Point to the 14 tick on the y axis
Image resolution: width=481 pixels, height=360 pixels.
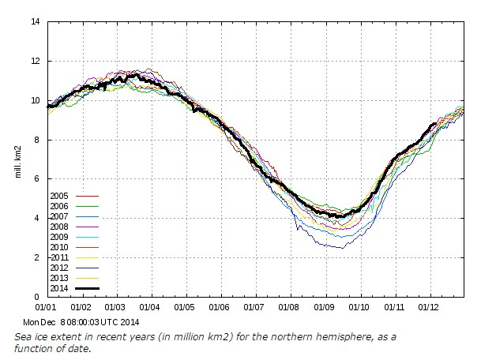36,21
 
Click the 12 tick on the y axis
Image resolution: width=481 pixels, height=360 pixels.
36,61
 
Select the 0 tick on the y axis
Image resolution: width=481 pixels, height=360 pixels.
38,297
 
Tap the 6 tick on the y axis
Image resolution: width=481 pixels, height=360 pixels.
38,179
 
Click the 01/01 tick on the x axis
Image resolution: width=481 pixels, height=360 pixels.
47,306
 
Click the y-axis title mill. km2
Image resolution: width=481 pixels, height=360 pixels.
17,159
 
